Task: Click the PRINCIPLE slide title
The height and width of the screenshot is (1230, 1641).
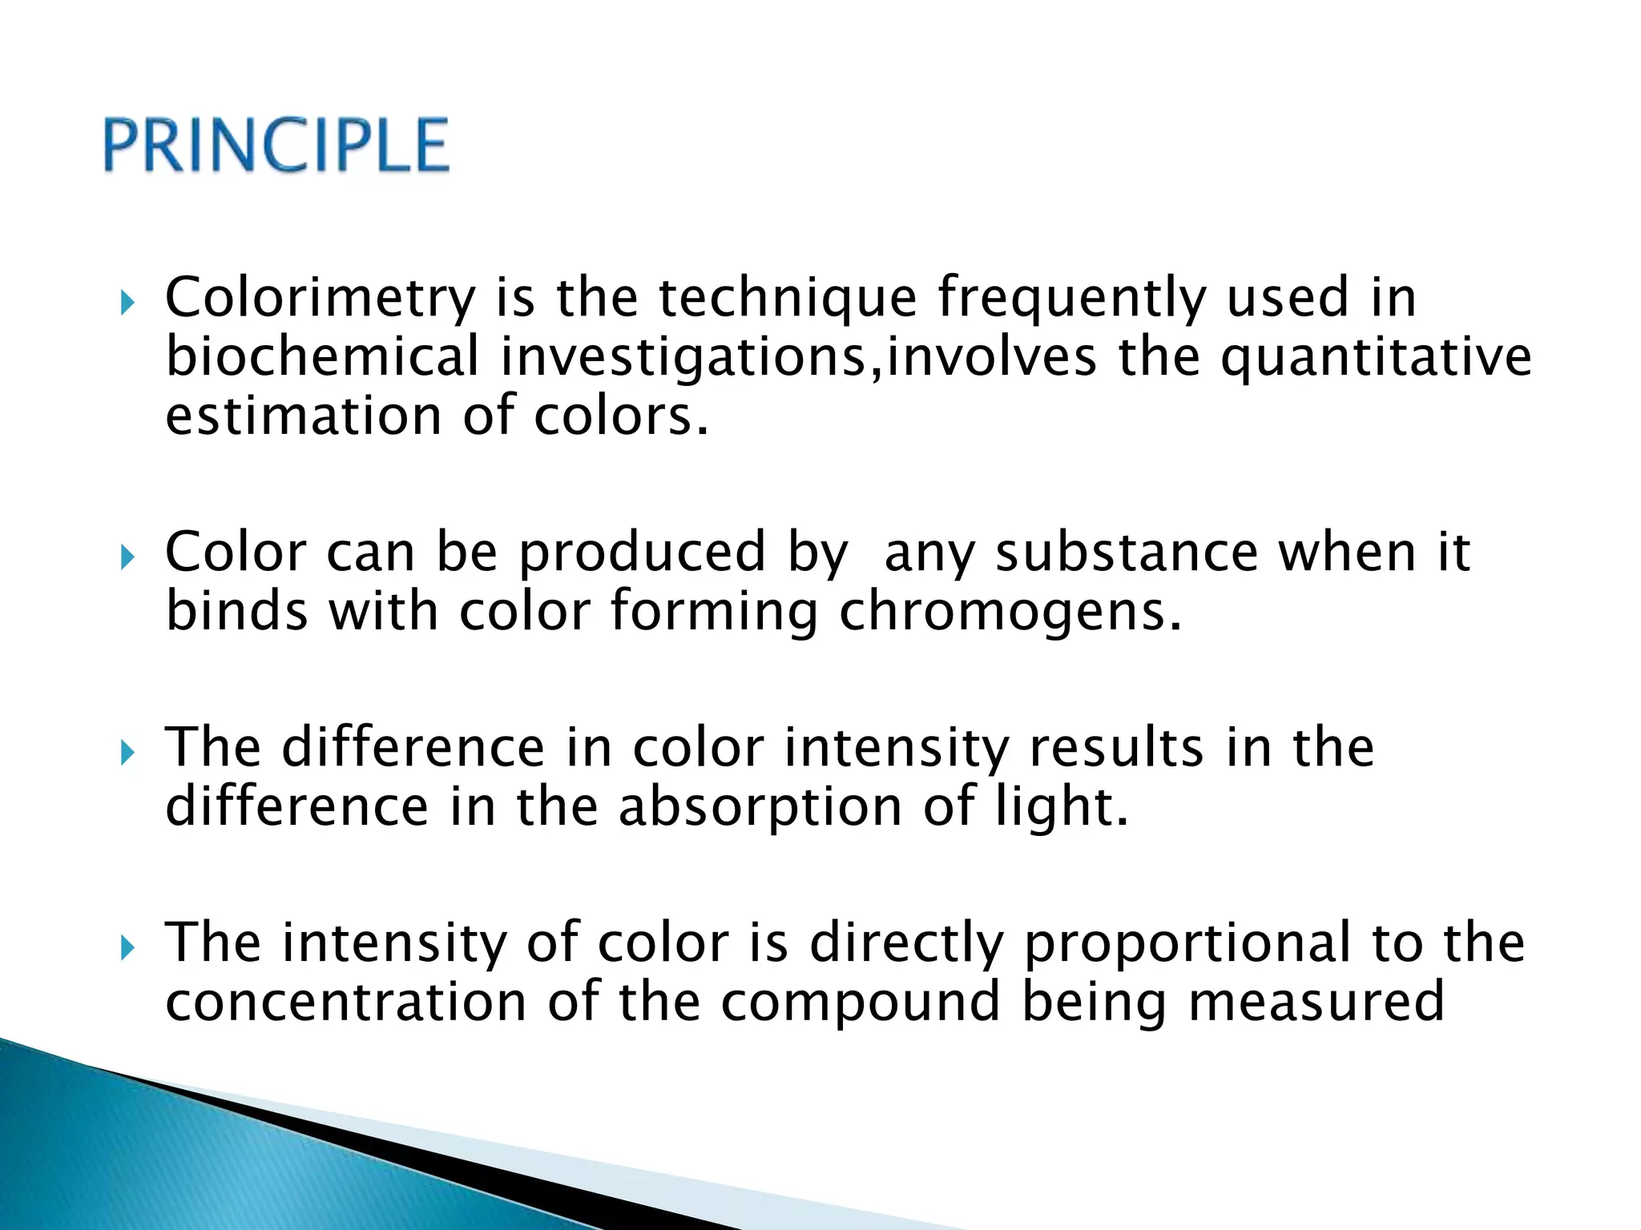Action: point(276,145)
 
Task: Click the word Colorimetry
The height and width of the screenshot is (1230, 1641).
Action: point(321,298)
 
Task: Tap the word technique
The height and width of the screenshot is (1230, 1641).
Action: point(787,298)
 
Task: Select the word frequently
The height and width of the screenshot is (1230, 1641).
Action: point(1071,298)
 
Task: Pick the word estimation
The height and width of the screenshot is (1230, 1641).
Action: point(303,416)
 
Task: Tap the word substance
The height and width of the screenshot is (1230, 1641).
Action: point(1127,553)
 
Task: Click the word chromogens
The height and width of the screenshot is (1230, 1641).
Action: point(1010,613)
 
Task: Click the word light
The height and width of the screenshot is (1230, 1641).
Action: point(1062,807)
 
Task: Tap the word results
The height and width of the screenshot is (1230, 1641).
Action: point(1116,748)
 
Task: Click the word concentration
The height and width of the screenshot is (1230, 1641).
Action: point(345,1002)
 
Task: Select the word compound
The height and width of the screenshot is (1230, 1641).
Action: point(861,1002)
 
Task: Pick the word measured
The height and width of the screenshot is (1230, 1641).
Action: point(1316,1002)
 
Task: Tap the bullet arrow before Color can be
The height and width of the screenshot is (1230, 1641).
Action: point(127,557)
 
